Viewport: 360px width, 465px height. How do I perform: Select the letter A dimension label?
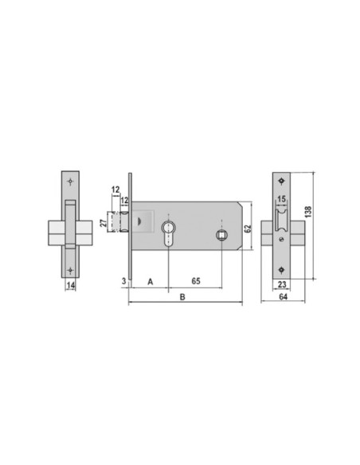click(151, 281)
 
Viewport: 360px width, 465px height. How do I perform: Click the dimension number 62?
click(248, 227)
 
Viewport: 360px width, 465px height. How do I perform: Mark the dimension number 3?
click(123, 281)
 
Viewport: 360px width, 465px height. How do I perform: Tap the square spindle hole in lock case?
click(223, 236)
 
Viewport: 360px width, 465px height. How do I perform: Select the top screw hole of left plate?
click(71, 182)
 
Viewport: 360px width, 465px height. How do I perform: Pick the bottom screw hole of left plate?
click(71, 268)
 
